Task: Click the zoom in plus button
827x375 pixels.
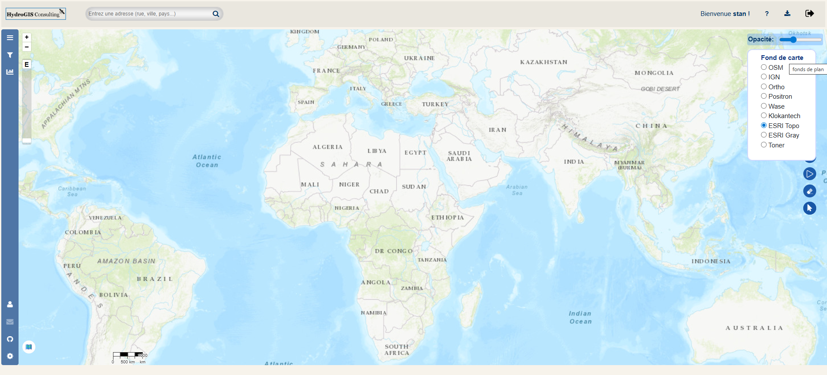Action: point(27,37)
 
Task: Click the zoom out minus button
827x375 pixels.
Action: point(27,47)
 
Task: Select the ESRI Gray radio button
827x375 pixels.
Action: point(764,135)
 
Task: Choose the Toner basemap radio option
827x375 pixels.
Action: point(764,145)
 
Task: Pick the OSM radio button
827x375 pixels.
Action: point(764,67)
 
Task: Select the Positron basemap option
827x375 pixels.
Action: point(764,96)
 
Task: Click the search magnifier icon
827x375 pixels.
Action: point(216,14)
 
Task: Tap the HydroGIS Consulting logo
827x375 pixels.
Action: point(35,14)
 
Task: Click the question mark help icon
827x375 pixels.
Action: point(767,14)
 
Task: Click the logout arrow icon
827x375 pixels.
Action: point(809,13)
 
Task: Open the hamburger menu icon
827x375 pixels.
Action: point(10,38)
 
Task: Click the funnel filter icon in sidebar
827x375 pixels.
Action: point(10,55)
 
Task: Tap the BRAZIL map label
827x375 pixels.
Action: point(155,279)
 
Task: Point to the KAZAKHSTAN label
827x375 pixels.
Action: point(544,62)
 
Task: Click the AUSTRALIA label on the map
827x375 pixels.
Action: point(754,328)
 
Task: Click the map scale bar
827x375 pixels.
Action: point(128,355)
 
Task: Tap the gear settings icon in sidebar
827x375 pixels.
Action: point(10,356)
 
